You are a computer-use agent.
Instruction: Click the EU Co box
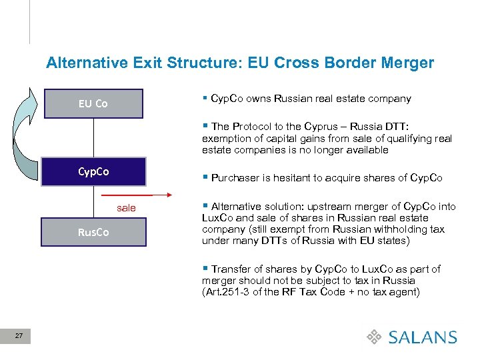click(93, 103)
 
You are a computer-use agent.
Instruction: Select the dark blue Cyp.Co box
click(93, 171)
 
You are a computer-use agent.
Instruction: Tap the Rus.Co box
click(93, 232)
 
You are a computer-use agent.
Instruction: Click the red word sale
click(126, 208)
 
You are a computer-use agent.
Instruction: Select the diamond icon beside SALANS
click(375, 337)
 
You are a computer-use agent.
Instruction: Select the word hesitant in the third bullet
click(293, 177)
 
